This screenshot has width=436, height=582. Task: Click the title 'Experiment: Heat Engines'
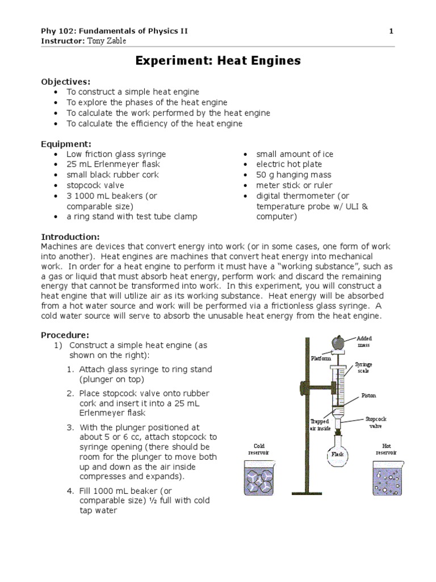218,61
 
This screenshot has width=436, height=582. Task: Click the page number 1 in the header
391,31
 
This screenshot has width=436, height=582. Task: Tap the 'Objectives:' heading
66,81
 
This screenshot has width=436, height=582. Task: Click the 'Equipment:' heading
66,144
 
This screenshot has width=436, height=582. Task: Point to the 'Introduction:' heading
70,236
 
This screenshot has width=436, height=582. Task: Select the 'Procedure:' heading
65,335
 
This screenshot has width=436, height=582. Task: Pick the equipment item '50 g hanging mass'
294,175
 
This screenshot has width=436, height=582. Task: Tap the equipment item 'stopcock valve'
95,185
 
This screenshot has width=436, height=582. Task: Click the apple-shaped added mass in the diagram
338,343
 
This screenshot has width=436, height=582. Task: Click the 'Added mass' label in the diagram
364,342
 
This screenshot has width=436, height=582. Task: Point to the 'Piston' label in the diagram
368,396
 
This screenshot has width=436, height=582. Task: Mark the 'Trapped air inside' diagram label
320,425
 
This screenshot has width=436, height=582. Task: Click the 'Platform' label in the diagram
320,359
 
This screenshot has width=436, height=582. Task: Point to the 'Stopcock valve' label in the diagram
375,422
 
